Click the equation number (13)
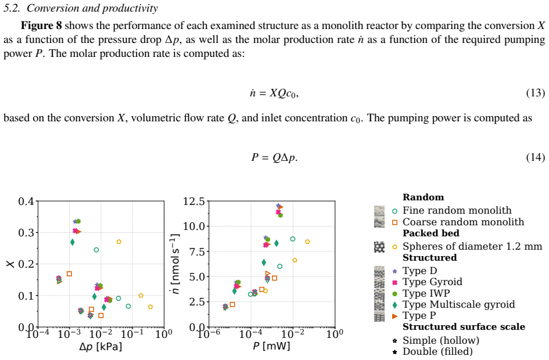(x=535, y=93)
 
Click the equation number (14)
(x=535, y=157)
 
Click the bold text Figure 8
(x=41, y=26)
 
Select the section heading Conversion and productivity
(x=92, y=8)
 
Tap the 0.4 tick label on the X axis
(x=26, y=201)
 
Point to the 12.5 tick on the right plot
(x=194, y=201)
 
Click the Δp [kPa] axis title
(x=101, y=347)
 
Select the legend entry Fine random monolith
(x=457, y=210)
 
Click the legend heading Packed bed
(x=431, y=233)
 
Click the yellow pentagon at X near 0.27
(x=119, y=242)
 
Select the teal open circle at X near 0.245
(x=96, y=250)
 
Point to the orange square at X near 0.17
(x=69, y=273)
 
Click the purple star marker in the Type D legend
(x=395, y=271)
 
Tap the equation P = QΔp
(x=274, y=157)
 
